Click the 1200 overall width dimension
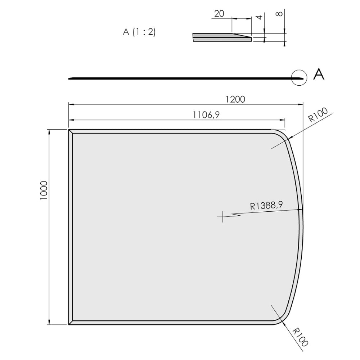[x=236, y=99]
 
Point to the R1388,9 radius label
[x=266, y=205]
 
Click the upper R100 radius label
[x=318, y=116]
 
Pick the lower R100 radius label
[x=301, y=337]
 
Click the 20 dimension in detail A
[x=219, y=14]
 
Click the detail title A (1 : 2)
[x=139, y=32]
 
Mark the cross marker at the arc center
[x=223, y=217]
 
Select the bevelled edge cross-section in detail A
[x=221, y=37]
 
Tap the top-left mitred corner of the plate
[x=71, y=131]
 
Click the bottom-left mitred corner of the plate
[x=71, y=322]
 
